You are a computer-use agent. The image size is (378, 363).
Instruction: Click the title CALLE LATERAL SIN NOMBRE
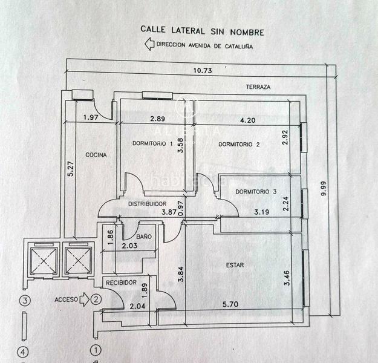click(202, 29)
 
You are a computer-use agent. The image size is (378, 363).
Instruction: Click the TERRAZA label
click(258, 87)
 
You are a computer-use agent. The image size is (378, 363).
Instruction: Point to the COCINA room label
click(96, 155)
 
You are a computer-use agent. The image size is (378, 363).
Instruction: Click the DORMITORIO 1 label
click(152, 143)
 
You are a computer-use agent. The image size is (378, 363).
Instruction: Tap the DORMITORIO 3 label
click(256, 192)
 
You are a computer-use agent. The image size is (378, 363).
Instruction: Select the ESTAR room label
click(235, 264)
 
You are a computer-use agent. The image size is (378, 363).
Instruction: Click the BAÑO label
click(144, 236)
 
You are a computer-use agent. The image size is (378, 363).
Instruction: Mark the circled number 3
click(25, 300)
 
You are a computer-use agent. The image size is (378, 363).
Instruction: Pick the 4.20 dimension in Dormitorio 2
click(248, 120)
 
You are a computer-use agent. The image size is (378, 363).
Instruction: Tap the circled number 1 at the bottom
click(95, 350)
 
